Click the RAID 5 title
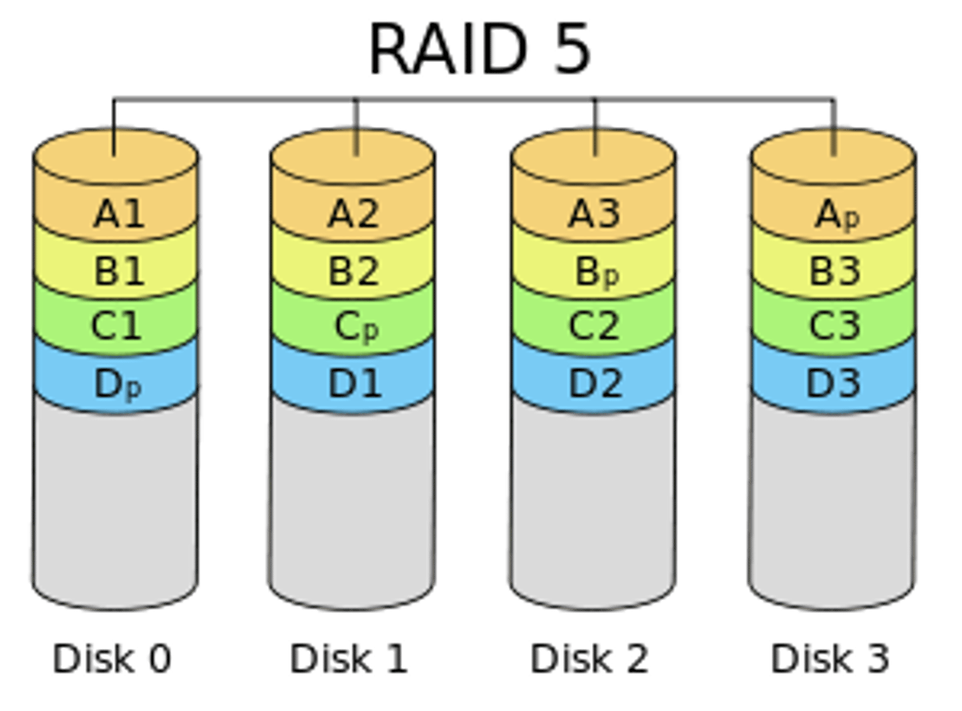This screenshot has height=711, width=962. [x=480, y=49]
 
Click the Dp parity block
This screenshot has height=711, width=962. [x=118, y=384]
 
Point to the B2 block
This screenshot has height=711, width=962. [x=354, y=271]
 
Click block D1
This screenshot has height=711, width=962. [x=354, y=384]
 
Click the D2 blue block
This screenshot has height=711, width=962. [x=595, y=384]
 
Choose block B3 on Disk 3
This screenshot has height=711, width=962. [x=834, y=271]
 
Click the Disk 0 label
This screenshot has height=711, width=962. [x=112, y=658]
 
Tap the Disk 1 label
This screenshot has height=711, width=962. [x=349, y=658]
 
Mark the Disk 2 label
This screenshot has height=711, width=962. [x=589, y=658]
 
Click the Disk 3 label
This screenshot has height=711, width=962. [x=830, y=658]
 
